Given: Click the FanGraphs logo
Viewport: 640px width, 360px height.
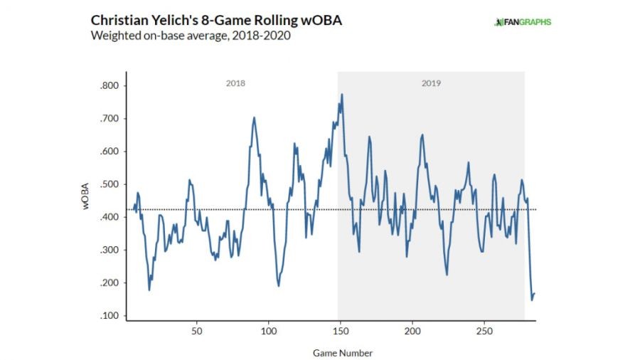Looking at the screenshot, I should (523, 22).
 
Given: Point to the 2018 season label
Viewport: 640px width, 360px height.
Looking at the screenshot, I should (235, 83).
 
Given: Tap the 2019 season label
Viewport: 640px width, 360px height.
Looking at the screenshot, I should (431, 83).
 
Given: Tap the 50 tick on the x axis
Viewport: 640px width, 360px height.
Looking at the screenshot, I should (197, 332).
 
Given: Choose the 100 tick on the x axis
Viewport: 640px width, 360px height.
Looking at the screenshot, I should (269, 332).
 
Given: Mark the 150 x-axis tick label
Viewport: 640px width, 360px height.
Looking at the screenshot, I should (341, 332).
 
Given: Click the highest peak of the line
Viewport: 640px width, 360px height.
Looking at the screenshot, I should (342, 94).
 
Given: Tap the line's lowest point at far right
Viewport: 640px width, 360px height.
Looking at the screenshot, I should (531, 300).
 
